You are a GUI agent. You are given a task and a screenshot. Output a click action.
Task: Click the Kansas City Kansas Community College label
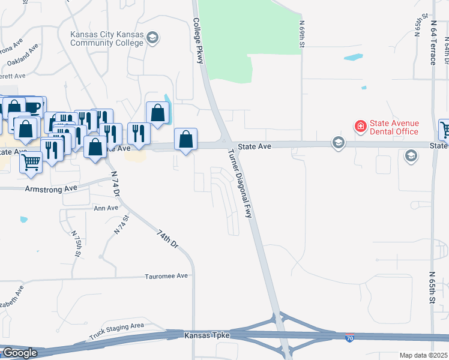click(107, 38)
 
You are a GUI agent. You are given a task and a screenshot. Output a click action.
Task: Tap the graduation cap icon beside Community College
click(152, 38)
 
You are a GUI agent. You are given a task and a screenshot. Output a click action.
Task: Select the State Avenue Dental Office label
click(394, 127)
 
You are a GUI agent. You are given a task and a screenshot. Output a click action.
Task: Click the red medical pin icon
click(360, 127)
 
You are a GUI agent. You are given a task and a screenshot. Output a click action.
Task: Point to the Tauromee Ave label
click(166, 276)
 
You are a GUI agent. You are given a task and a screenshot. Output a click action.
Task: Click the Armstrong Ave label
click(51, 188)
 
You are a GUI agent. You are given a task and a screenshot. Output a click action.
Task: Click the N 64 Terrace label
click(433, 44)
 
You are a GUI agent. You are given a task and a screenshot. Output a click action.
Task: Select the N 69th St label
click(302, 34)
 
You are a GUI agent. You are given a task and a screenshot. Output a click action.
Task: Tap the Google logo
click(19, 353)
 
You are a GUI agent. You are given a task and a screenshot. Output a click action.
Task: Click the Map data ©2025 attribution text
click(423, 355)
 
